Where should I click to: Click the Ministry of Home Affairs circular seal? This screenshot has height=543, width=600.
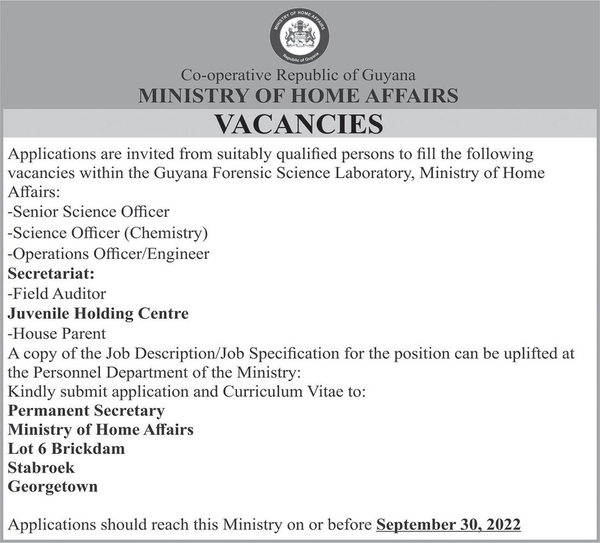[299, 35]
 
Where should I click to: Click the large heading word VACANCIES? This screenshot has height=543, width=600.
[299, 124]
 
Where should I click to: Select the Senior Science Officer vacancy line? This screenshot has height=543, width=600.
[88, 212]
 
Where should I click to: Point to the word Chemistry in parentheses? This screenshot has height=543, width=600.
[166, 233]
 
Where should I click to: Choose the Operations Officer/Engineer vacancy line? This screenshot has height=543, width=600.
[108, 254]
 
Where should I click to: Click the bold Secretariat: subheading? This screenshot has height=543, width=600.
[51, 274]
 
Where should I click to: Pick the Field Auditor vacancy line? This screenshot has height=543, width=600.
[57, 294]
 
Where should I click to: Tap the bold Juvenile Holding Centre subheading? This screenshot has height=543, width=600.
[98, 314]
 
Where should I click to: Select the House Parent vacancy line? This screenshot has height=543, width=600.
[57, 333]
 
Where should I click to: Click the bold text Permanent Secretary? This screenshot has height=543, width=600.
[86, 410]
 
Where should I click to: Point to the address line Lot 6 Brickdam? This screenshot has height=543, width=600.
[66, 449]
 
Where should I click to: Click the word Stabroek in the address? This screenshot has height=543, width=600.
[41, 468]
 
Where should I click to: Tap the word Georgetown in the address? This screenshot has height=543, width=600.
[53, 487]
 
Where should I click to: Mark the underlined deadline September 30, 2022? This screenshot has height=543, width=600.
[448, 525]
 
